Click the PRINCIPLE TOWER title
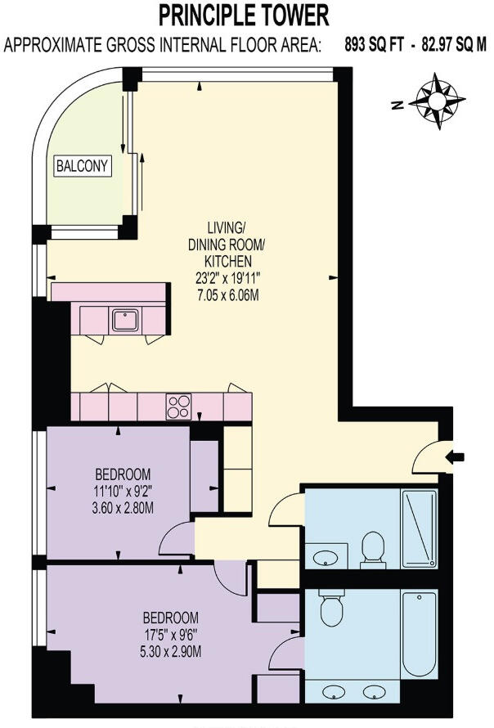(245, 16)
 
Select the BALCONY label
(83, 166)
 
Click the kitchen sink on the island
(125, 319)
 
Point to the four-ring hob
(178, 405)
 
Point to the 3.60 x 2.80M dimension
(123, 508)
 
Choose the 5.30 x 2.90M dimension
(171, 651)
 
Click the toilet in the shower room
(373, 548)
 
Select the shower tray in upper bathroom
(420, 528)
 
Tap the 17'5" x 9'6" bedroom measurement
(171, 633)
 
